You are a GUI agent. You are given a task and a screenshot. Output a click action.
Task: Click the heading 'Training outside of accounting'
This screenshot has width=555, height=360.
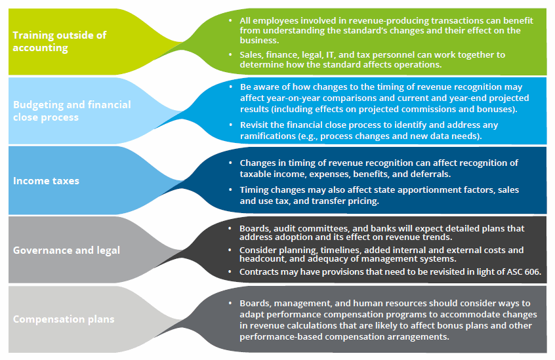pos(59,41)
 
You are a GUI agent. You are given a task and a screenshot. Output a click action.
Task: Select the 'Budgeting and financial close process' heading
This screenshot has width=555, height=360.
pos(72,111)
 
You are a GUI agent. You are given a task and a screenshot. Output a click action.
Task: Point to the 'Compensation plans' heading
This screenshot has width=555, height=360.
pos(64,319)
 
